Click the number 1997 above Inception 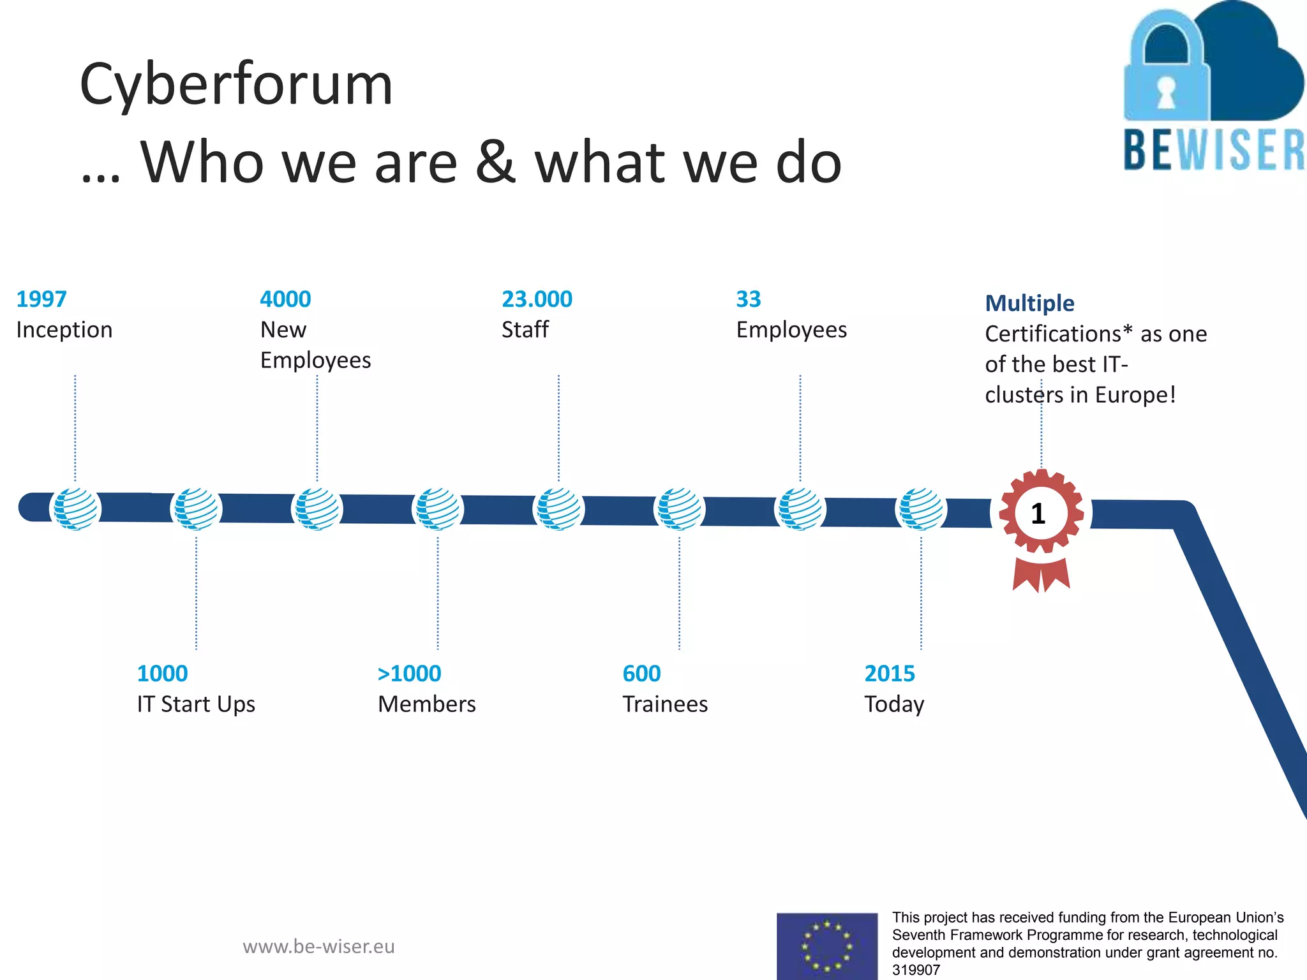(x=41, y=299)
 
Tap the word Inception (x=64, y=330)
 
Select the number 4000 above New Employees (x=285, y=299)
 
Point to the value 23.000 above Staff (x=537, y=299)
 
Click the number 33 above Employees (x=749, y=299)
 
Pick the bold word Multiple (x=1029, y=303)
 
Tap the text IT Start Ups (x=196, y=704)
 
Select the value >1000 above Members (x=409, y=674)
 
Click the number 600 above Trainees (x=641, y=674)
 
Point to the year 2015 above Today (x=890, y=674)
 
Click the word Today (x=894, y=704)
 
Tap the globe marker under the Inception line (x=75, y=509)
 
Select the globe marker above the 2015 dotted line (x=921, y=509)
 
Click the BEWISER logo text (x=1214, y=151)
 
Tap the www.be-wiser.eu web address (x=318, y=946)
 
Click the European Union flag (x=827, y=946)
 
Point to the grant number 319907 (x=916, y=970)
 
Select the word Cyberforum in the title (x=236, y=84)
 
